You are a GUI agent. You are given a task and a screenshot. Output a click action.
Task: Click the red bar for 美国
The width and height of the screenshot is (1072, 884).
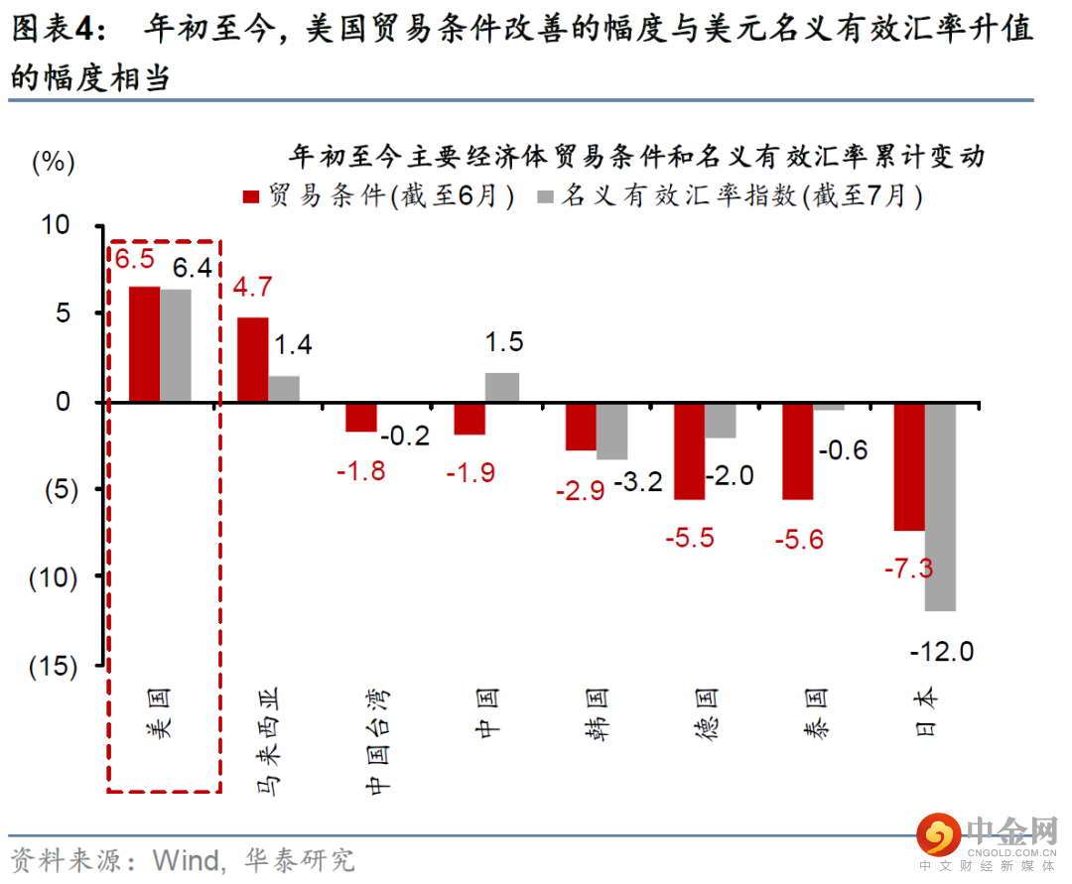pyautogui.click(x=145, y=344)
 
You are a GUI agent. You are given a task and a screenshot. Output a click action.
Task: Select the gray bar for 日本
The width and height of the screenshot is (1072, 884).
pyautogui.click(x=940, y=506)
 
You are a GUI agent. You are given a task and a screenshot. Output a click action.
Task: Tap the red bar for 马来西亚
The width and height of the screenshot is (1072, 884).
pyautogui.click(x=252, y=359)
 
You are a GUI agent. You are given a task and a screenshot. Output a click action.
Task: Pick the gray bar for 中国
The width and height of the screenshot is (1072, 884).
pyautogui.click(x=502, y=387)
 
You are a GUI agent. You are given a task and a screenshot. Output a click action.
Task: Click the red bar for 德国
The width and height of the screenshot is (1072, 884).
pyautogui.click(x=689, y=450)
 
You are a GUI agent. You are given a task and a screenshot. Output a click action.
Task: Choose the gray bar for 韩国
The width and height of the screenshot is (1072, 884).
pyautogui.click(x=611, y=431)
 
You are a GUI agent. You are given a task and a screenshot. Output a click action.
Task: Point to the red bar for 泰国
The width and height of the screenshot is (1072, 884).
pyautogui.click(x=797, y=450)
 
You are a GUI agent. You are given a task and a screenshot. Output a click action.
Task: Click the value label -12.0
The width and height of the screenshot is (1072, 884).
pyautogui.click(x=942, y=652)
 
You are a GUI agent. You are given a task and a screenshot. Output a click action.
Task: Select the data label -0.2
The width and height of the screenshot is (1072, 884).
pyautogui.click(x=406, y=436)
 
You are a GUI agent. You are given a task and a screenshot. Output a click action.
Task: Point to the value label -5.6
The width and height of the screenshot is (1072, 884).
pyautogui.click(x=798, y=539)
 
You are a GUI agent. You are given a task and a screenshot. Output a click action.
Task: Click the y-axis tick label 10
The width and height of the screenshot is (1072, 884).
pyautogui.click(x=57, y=225)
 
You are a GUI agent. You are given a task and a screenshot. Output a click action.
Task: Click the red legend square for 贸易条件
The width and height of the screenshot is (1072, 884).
pyautogui.click(x=251, y=195)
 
